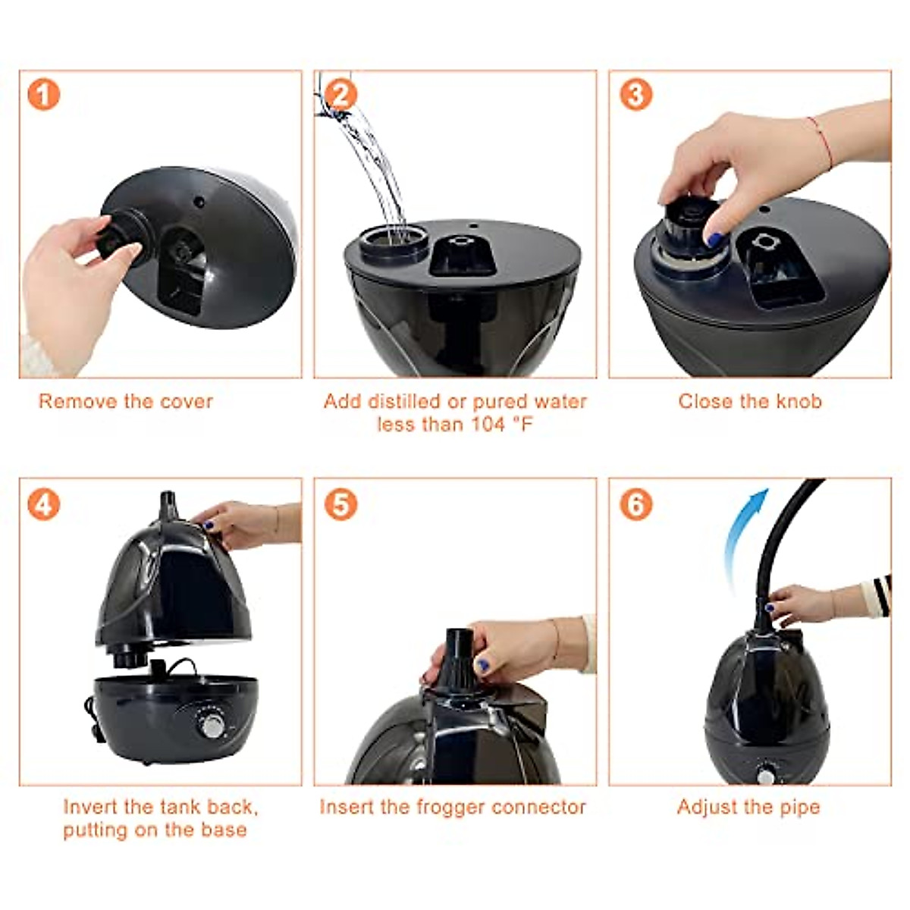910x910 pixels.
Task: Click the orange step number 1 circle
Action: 43,95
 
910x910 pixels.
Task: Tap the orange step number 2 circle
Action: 340,95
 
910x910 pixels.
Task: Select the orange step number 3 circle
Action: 635,95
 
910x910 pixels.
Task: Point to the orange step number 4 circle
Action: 43,504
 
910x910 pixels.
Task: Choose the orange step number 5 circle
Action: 340,504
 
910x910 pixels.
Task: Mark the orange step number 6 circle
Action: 635,504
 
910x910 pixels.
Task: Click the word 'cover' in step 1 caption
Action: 185,401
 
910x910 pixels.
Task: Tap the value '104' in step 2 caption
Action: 488,424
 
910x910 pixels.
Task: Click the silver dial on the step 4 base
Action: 213,726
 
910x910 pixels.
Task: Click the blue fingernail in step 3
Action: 714,240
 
